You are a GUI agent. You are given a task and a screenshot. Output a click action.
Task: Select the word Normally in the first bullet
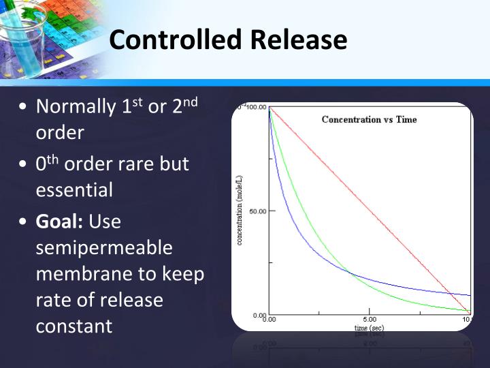(76, 107)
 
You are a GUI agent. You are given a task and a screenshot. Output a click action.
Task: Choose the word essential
(74, 190)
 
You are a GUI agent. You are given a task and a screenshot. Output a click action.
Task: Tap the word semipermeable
(104, 248)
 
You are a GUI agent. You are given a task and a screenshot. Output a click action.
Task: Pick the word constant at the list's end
(73, 326)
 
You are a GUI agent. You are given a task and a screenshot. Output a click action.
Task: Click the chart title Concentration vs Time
(369, 119)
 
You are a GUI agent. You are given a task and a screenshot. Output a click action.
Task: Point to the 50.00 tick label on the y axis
(257, 211)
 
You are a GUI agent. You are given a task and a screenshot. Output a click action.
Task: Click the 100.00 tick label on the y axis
(257, 108)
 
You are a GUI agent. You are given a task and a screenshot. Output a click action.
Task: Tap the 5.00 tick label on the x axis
(369, 319)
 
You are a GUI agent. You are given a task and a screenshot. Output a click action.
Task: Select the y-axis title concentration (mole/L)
(240, 211)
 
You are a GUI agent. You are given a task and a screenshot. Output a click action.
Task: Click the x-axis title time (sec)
(369, 328)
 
